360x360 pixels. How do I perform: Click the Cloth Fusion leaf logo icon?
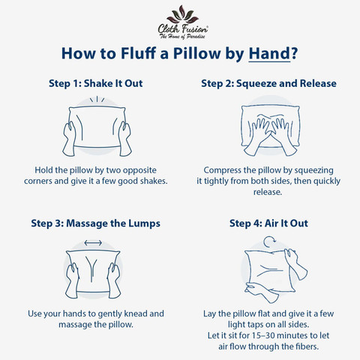183,14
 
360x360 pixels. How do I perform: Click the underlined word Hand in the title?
269,53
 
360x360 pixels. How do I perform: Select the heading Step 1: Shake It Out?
96,83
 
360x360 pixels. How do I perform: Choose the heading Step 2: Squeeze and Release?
268,83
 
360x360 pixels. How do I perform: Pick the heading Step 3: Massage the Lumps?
96,223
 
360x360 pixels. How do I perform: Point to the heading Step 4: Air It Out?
268,223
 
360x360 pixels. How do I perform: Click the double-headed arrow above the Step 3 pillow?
93,242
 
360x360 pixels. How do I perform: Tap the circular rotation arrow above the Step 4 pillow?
269,241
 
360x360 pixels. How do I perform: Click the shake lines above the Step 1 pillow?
97,100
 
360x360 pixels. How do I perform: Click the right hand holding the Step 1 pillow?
124,139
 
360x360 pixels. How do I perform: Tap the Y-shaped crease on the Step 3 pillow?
91,268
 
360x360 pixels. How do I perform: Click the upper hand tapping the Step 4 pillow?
296,264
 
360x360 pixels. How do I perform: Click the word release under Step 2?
268,192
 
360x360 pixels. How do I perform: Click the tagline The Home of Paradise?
182,37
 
